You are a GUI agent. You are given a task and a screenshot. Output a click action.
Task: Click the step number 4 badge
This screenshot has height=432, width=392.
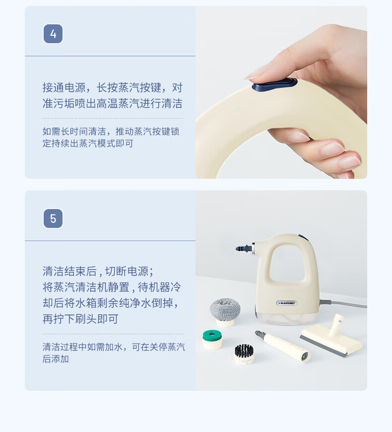[53, 34]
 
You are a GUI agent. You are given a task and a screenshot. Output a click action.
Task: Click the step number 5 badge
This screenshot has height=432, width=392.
[53, 218]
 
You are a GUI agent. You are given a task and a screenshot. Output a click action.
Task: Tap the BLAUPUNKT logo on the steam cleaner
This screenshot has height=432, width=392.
[287, 303]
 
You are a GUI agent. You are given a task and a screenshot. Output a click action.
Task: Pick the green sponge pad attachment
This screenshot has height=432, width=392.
[212, 340]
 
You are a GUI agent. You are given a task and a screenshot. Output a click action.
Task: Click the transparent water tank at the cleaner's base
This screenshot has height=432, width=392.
[286, 318]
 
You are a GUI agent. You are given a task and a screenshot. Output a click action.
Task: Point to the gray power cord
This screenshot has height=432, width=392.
[343, 303]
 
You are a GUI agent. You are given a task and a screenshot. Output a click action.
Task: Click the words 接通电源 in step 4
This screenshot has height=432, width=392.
[64, 87]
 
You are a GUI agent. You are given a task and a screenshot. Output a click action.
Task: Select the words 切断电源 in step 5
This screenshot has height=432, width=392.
[127, 272]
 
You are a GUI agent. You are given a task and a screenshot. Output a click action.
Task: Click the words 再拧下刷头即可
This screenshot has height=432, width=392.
[80, 319]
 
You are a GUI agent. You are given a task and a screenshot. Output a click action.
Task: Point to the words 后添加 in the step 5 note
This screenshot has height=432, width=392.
[56, 359]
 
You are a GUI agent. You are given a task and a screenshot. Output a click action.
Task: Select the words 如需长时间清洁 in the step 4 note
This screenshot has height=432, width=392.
[74, 132]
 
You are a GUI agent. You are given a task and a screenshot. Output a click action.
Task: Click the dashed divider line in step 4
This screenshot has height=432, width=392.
[113, 119]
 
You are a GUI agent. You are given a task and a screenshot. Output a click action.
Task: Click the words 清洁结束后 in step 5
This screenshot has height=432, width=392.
[69, 272]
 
